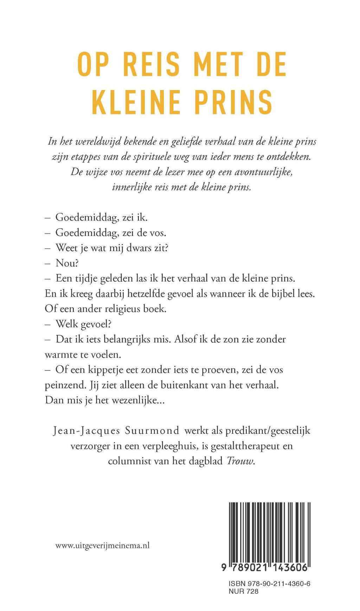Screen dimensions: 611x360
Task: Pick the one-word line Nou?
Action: [67, 263]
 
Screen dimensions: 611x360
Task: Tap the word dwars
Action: [137, 248]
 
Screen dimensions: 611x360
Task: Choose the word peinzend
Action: [65, 385]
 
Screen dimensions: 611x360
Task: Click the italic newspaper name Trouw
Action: [240, 461]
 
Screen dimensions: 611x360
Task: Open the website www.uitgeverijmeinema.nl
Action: [103, 546]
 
